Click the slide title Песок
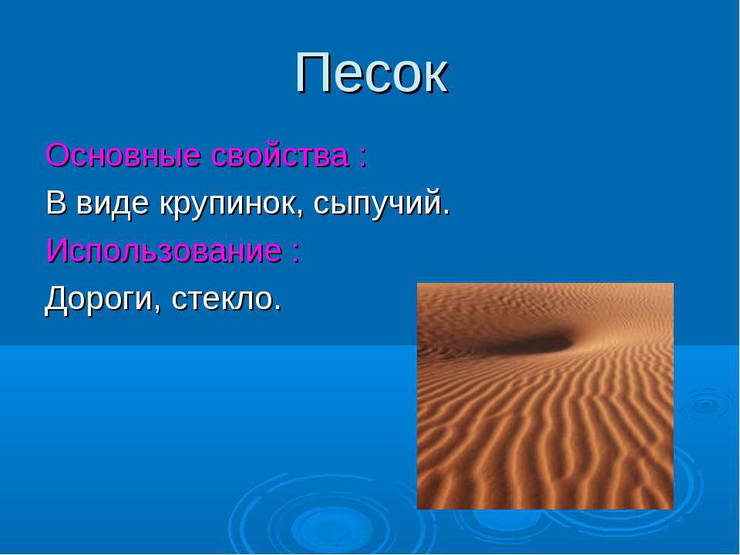click(x=372, y=73)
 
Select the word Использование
click(x=163, y=251)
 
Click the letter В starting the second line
click(x=55, y=203)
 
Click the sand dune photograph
click(x=545, y=396)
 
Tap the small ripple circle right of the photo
click(x=706, y=404)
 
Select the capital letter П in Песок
click(x=314, y=73)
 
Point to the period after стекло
click(x=277, y=308)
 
